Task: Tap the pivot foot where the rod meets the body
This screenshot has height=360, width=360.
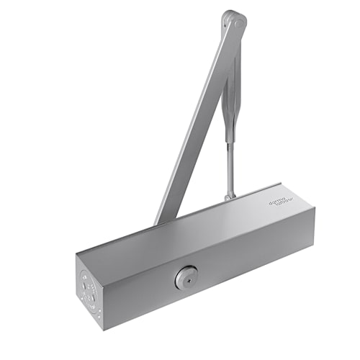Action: click(x=229, y=194)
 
